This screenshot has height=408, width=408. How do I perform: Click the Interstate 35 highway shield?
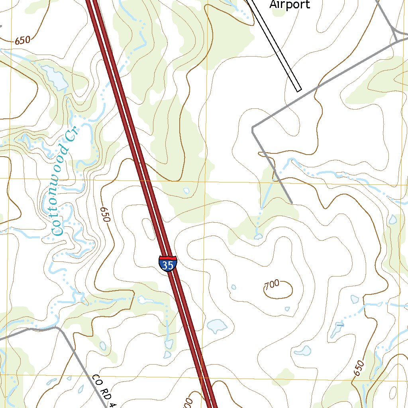(168, 264)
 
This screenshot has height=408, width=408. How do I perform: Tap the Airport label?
(290, 4)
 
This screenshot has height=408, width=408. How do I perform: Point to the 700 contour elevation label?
(272, 284)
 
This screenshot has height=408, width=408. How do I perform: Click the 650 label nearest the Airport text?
(22, 40)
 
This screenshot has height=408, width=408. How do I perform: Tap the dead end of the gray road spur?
(292, 203)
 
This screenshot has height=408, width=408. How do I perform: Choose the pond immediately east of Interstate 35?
(217, 326)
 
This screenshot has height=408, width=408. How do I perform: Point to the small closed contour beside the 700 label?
(282, 290)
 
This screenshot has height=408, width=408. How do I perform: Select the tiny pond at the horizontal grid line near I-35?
(186, 190)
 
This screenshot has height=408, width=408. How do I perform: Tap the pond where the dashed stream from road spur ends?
(258, 237)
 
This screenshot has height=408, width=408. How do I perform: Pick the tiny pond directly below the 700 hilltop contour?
(287, 309)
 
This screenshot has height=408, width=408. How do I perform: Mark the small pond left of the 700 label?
(233, 286)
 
